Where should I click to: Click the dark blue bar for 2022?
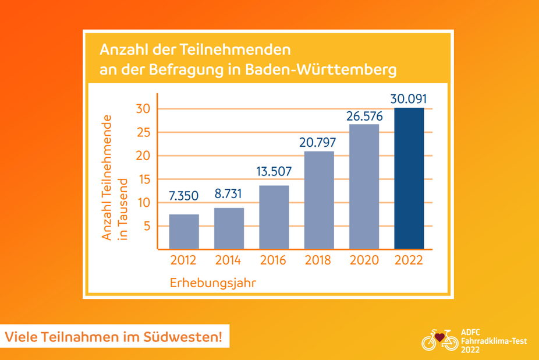click(409, 178)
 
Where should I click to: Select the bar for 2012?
click(184, 231)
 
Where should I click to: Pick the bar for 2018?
click(319, 200)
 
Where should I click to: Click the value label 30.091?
click(409, 98)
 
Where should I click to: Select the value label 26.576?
click(364, 115)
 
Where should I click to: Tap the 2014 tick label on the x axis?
click(229, 260)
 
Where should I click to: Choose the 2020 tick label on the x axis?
click(364, 260)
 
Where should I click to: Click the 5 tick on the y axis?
click(147, 226)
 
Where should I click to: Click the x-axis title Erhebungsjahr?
click(214, 283)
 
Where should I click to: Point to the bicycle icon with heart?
click(439, 340)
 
